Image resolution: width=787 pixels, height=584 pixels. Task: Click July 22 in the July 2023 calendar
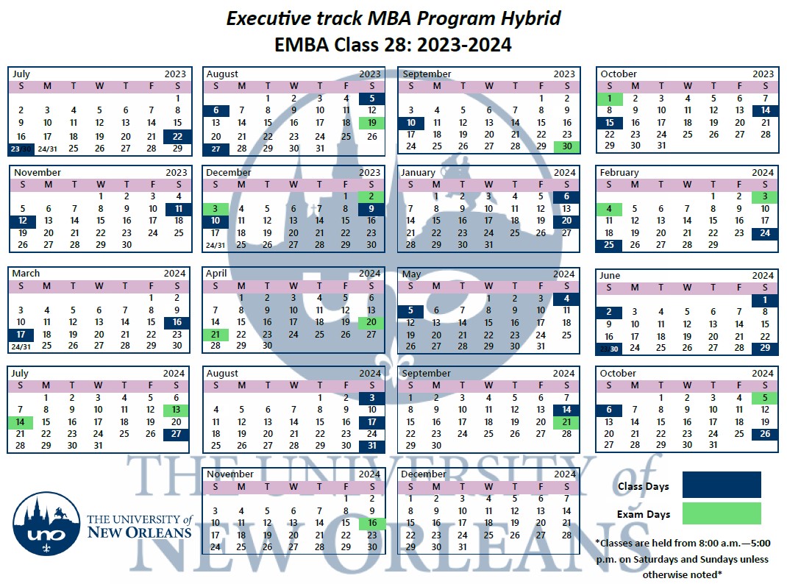coord(177,136)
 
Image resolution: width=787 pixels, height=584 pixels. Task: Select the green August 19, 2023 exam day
coord(372,123)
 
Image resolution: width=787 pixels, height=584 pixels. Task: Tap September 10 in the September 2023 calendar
coord(411,123)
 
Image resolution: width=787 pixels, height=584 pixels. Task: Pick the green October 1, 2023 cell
coord(610,99)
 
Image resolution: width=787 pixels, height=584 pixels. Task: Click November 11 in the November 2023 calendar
coord(179,209)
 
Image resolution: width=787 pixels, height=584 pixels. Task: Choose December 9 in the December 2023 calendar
coord(372,209)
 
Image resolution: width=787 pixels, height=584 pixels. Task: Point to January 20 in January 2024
coord(566,221)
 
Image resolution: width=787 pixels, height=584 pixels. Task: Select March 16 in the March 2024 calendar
coord(177,322)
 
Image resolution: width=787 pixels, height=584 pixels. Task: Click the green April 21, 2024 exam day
coord(215,335)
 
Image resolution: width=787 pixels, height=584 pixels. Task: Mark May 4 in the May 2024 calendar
coord(566,299)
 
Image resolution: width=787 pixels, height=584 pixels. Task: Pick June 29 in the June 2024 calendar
coord(765,348)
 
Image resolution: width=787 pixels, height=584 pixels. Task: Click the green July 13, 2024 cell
coord(177,410)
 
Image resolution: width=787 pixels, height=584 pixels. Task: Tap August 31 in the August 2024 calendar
coord(372,446)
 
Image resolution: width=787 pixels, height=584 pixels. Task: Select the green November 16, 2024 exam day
coord(372,523)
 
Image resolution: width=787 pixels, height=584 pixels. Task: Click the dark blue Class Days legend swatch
coord(722,485)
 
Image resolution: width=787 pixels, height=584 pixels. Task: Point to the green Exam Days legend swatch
coord(722,513)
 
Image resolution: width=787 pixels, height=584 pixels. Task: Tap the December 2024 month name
coord(424,474)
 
